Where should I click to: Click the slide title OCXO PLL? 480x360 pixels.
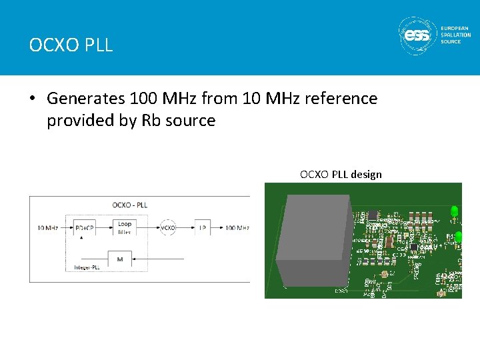[x=71, y=45]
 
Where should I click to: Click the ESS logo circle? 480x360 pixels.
[x=416, y=35]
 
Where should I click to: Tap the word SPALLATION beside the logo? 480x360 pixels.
[x=456, y=35]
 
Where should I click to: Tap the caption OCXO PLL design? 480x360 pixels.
[x=341, y=175]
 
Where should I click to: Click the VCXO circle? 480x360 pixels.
[x=168, y=228]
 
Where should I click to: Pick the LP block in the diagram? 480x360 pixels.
[x=202, y=228]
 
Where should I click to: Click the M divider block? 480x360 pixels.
[x=119, y=259]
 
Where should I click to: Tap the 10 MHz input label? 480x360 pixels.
[x=48, y=228]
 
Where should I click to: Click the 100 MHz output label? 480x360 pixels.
[x=237, y=228]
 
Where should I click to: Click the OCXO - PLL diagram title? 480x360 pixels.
[x=131, y=205]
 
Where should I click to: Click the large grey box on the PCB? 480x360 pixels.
[x=313, y=240]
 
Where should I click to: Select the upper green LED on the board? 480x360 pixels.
[x=454, y=212]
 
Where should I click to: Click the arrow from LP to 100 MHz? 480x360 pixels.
[x=217, y=228]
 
